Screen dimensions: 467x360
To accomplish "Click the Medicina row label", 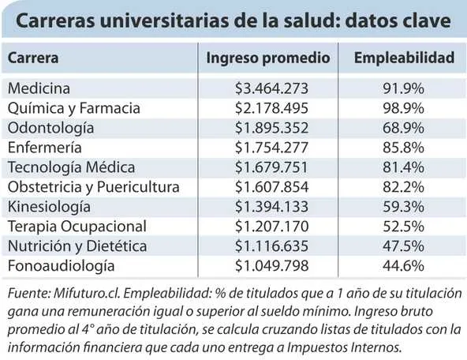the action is (39, 88).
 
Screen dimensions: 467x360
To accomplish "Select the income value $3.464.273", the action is (271, 88).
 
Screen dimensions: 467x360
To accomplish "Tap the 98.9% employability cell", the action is (403, 108).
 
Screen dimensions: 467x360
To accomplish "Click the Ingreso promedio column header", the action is (268, 58).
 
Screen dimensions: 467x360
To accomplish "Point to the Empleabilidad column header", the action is (404, 58).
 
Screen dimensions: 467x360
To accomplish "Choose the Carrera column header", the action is (33, 58).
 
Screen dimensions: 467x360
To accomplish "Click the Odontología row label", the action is (51, 129).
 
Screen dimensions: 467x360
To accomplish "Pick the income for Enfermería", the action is (271, 148).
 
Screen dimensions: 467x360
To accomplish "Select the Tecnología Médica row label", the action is (71, 167).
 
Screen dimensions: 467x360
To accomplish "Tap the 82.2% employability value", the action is (403, 187).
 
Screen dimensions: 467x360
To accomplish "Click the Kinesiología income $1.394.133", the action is (271, 207).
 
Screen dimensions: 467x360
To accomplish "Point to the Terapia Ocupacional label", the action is (77, 227).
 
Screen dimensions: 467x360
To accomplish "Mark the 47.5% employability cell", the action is (403, 246).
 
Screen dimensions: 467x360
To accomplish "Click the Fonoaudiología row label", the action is (61, 266).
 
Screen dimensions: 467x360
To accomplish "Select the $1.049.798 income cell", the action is (271, 265).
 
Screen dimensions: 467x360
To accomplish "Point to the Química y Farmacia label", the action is (74, 108).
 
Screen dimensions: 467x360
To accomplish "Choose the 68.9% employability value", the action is (403, 128).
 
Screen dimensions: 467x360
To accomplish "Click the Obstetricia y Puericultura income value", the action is (271, 187).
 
